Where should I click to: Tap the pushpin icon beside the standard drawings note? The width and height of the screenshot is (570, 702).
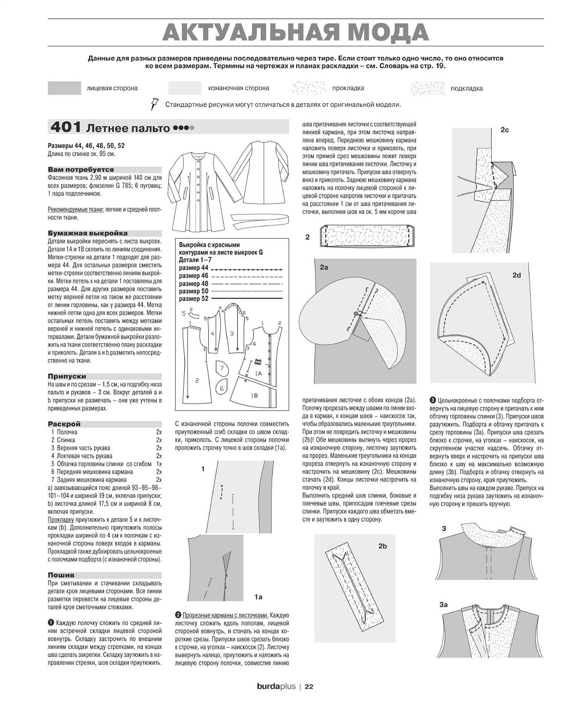point(153,104)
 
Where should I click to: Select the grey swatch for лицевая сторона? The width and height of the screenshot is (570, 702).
point(64,88)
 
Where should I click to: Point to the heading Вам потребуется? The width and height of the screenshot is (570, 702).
point(80,170)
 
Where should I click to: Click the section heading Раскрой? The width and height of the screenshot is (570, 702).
point(64,424)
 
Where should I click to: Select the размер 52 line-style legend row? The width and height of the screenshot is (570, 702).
point(231,299)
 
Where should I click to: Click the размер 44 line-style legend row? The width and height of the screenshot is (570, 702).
point(231,268)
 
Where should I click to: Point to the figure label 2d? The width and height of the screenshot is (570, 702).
point(516,276)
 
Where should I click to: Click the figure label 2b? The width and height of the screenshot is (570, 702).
point(382,546)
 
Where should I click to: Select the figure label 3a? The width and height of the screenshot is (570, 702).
point(443,604)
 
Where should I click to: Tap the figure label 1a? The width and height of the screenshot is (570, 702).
point(258,597)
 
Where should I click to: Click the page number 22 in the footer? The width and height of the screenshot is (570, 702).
point(309,687)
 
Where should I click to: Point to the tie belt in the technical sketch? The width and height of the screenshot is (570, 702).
point(260,219)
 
